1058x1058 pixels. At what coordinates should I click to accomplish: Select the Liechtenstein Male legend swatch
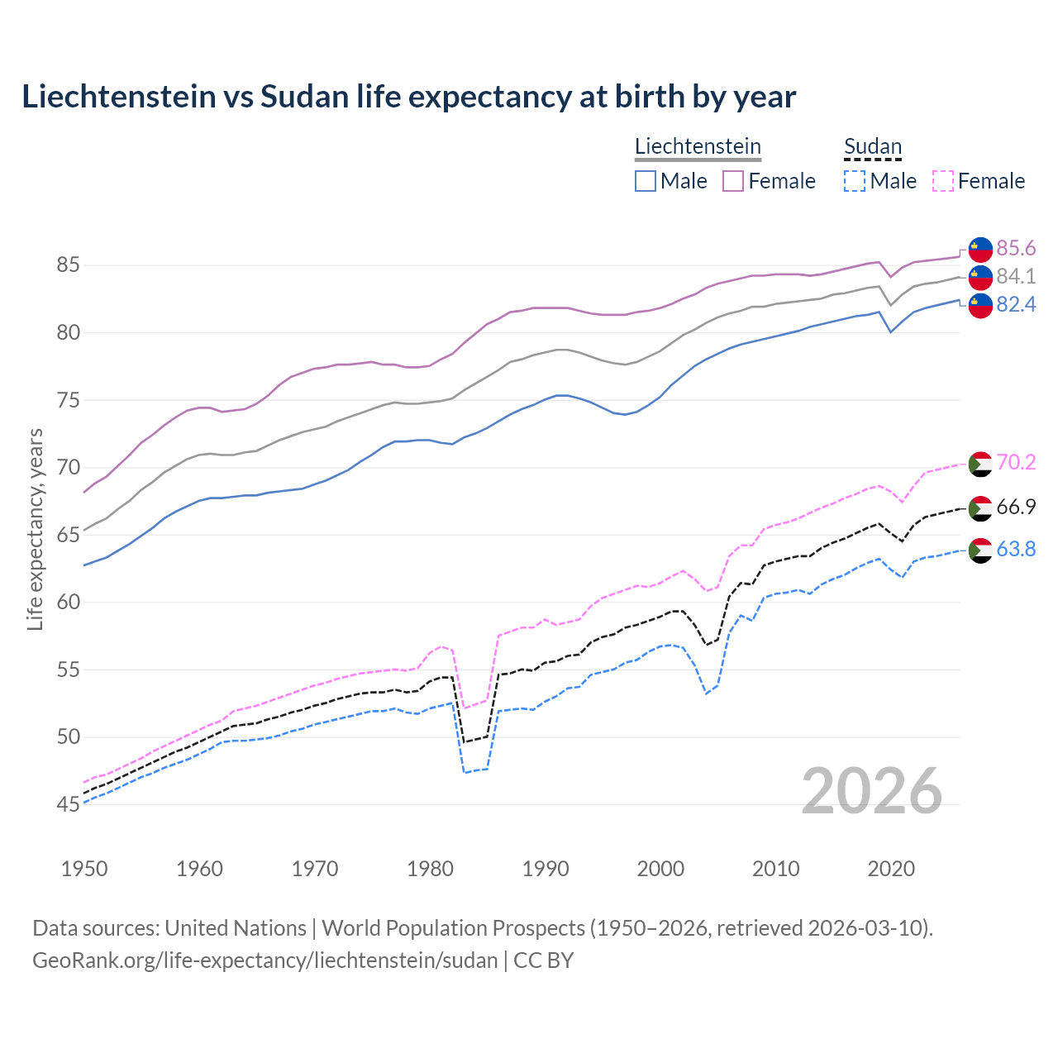click(x=646, y=181)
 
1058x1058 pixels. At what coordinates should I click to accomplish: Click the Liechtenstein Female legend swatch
click(x=733, y=181)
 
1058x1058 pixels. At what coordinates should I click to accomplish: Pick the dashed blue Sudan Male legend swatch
click(x=855, y=181)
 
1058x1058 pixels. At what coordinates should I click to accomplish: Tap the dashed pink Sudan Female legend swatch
click(x=943, y=181)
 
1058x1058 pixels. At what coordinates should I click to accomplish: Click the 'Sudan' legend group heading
click(x=872, y=146)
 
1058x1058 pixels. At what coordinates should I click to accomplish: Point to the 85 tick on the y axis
click(x=68, y=265)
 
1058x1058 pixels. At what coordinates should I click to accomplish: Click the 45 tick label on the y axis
click(x=68, y=804)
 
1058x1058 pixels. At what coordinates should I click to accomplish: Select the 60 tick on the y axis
click(x=68, y=602)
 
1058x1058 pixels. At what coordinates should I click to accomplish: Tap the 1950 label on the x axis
click(x=84, y=869)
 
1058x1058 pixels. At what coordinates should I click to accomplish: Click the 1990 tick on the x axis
click(x=546, y=869)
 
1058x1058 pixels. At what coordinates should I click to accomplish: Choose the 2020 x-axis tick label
click(x=891, y=869)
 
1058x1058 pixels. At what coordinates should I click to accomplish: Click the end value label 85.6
click(x=1016, y=249)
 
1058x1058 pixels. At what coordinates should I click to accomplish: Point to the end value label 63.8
click(x=1016, y=550)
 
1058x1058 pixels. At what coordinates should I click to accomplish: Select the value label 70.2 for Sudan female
click(x=1016, y=462)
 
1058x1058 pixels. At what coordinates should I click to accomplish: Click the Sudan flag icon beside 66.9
click(x=980, y=508)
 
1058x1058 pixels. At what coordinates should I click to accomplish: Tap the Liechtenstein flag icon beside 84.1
click(x=980, y=277)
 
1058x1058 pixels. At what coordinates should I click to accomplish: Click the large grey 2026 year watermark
click(x=872, y=791)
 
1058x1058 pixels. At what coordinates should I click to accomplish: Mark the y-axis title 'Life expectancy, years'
click(x=35, y=529)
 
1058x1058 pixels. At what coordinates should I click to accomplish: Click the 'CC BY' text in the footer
click(x=543, y=960)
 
